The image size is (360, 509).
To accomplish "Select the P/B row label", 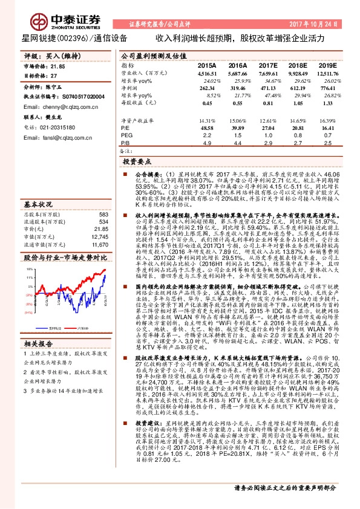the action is tap(125, 143).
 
